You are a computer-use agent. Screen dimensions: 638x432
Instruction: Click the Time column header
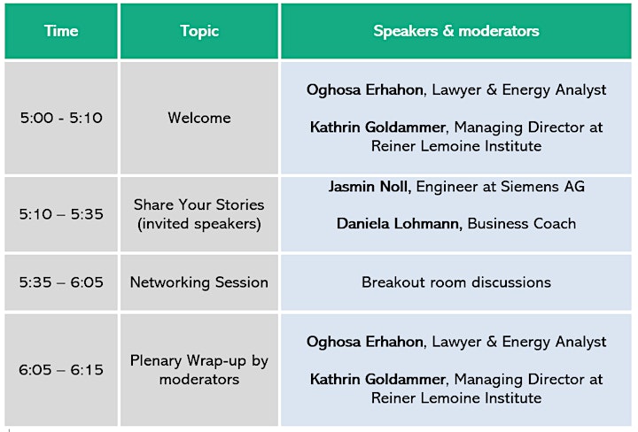pos(61,31)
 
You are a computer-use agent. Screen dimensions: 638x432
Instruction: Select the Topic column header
pos(199,31)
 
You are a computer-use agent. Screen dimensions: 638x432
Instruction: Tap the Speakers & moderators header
pos(456,31)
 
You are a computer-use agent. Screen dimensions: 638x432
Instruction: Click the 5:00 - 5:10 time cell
pos(61,118)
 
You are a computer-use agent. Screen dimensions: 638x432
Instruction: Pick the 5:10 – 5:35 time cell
pos(61,214)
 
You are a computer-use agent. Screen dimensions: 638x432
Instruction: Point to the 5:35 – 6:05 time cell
pos(61,282)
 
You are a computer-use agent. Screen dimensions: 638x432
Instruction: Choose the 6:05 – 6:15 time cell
pos(61,370)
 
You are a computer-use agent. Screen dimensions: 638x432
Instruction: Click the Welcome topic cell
pos(199,118)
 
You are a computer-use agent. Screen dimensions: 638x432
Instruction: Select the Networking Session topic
pos(199,282)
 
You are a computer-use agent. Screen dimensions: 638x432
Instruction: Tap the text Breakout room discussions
pos(456,282)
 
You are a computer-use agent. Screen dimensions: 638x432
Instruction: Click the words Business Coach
pos(522,223)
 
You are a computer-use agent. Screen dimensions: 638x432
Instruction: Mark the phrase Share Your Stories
pos(199,204)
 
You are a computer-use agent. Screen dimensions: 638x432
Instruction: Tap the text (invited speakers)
pos(199,224)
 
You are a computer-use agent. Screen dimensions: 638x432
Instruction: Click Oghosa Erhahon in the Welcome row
pos(364,89)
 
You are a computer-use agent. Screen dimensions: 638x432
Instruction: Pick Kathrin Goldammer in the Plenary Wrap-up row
pos(377,379)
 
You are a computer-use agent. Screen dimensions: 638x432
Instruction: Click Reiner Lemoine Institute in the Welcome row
pos(456,146)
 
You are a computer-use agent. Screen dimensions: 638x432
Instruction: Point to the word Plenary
pos(156,361)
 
